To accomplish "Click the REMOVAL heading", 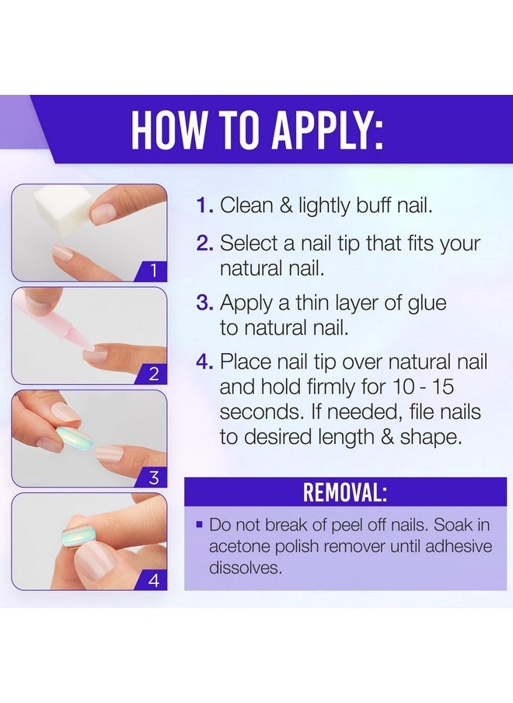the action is tap(345, 492).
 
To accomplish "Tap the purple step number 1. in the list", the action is tap(205, 205).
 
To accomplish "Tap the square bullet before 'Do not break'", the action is tap(200, 523).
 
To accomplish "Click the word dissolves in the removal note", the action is tap(246, 568).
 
